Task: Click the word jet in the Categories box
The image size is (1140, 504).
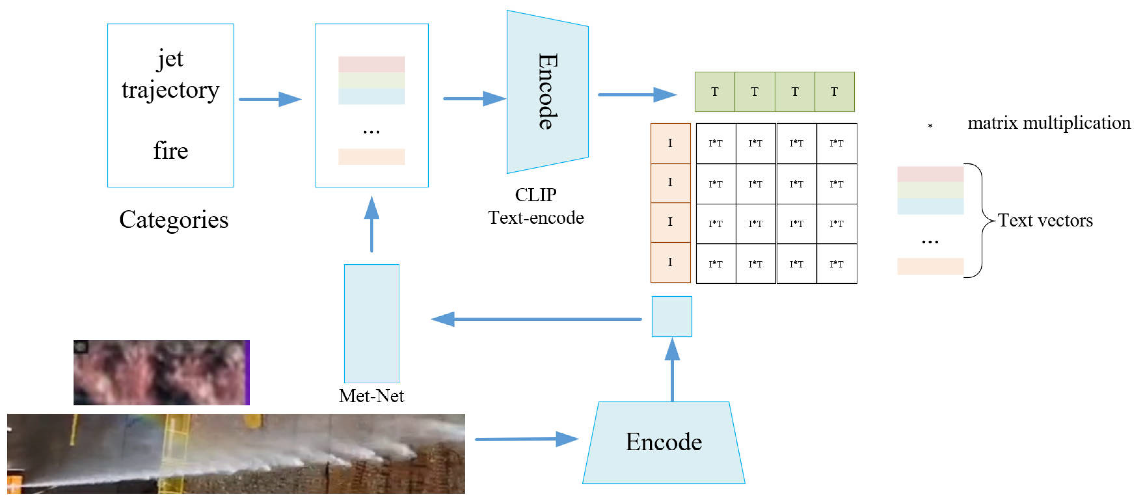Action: click(x=170, y=59)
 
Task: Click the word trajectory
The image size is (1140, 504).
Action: click(x=170, y=90)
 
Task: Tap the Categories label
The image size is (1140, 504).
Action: click(x=174, y=220)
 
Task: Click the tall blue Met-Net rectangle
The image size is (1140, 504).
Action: click(x=371, y=323)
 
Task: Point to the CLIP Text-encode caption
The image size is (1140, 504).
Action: click(x=536, y=206)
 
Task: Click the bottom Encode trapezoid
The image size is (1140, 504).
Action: click(x=663, y=443)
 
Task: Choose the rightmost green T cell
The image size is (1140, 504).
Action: click(x=834, y=92)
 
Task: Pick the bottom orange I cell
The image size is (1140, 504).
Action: click(x=670, y=262)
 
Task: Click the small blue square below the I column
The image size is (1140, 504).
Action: click(x=671, y=316)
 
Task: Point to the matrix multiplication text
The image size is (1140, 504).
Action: click(x=1049, y=123)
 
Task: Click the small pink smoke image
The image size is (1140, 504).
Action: click(x=161, y=373)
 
